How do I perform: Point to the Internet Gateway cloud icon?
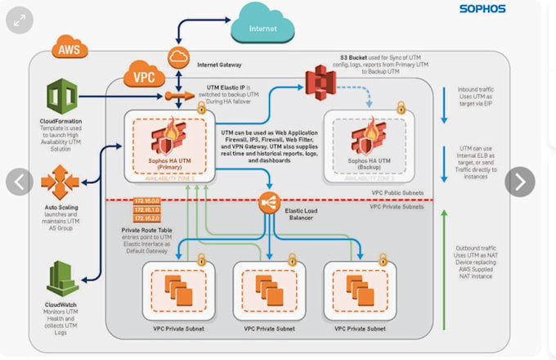click(179, 57)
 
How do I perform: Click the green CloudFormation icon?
click(61, 97)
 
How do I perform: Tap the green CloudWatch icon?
click(61, 278)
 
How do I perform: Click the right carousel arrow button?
click(519, 181)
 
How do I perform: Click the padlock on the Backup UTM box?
click(401, 107)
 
